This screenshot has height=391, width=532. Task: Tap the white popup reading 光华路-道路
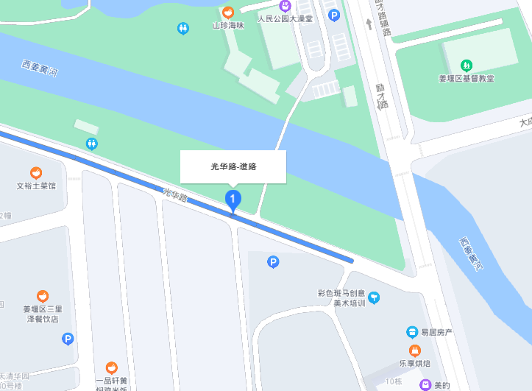[233, 166]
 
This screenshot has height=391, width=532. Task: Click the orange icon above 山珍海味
[228, 13]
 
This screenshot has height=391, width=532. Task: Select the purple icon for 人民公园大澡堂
[285, 7]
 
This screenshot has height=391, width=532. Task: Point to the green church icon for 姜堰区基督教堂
[466, 66]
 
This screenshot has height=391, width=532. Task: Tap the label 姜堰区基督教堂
[466, 78]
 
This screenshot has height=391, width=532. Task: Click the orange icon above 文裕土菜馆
[36, 173]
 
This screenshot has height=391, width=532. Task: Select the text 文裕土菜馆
[36, 186]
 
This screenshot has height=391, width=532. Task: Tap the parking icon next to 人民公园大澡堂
[334, 15]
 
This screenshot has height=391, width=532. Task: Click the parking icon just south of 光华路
[273, 261]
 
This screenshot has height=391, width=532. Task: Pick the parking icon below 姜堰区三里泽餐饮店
[68, 339]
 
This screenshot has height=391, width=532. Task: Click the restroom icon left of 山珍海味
[183, 28]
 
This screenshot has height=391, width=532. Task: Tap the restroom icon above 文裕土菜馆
[92, 144]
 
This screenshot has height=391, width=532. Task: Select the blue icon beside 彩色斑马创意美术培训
[375, 297]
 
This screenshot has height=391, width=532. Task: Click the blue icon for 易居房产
[412, 332]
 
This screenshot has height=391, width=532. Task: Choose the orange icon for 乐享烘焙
[415, 349]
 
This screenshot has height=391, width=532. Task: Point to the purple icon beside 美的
[425, 384]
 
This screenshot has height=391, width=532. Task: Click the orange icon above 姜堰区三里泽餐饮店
[43, 296]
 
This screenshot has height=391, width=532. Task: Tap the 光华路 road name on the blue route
[175, 194]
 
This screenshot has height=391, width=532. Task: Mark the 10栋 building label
[394, 381]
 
